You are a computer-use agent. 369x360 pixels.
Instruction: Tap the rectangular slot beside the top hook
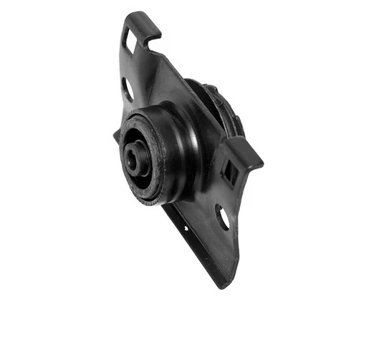[x=131, y=41]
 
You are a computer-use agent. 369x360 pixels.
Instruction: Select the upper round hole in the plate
[x=128, y=89]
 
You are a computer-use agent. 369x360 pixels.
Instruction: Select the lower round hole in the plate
[x=222, y=217]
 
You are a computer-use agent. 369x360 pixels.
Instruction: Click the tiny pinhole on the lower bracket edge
[x=186, y=229]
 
